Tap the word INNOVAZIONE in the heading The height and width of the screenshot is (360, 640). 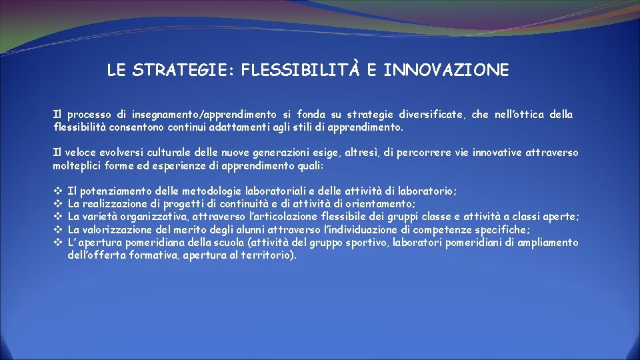coord(446,70)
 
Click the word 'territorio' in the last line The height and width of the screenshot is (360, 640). coord(264,255)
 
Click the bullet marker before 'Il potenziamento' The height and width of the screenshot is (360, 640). coord(57,191)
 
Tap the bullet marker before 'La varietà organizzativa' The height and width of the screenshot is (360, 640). coord(57,217)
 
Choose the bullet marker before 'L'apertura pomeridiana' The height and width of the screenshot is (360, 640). coord(57,242)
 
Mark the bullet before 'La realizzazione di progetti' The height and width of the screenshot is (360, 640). coord(57,203)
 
